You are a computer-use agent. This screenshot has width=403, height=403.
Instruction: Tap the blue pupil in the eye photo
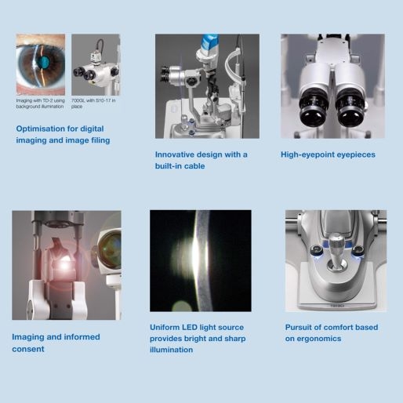click(44, 62)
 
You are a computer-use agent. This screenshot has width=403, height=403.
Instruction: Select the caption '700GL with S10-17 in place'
click(93, 103)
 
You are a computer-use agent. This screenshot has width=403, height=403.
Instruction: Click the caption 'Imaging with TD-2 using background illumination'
click(40, 103)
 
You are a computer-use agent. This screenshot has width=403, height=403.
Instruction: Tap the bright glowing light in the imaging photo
click(64, 265)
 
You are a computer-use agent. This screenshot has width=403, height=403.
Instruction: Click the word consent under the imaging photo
click(28, 349)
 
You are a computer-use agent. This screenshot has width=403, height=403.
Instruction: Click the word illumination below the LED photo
click(172, 350)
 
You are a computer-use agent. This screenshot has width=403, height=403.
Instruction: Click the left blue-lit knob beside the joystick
click(316, 251)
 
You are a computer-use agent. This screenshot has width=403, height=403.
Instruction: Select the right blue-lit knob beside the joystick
click(358, 252)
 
